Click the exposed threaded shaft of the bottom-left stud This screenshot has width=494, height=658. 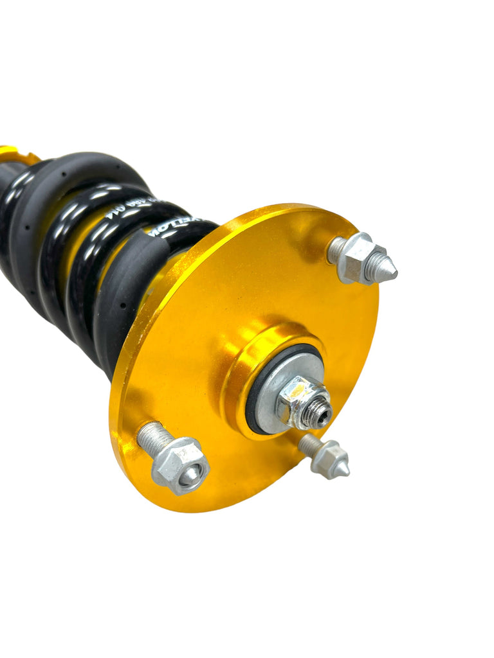coord(152,438)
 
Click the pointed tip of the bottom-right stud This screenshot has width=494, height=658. coord(345,470)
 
